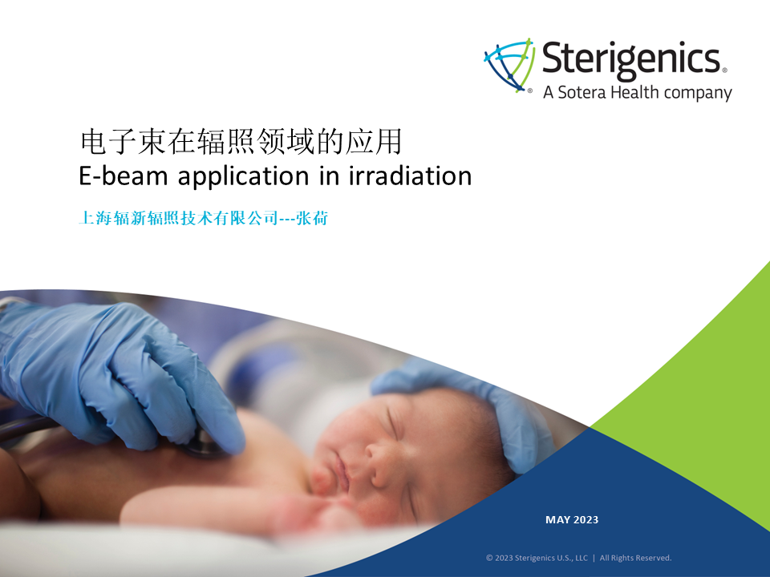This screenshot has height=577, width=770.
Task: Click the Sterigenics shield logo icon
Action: click(x=509, y=64)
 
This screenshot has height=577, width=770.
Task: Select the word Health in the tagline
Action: click(x=634, y=91)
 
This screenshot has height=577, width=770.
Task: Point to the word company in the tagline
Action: click(x=697, y=93)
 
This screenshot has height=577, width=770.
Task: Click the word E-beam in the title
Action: click(x=124, y=176)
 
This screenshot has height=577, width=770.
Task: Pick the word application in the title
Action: click(x=243, y=176)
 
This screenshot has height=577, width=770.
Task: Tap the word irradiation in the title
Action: click(x=411, y=176)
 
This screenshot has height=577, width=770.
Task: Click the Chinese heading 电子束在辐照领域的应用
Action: click(x=241, y=142)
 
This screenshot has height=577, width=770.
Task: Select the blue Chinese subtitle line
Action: click(x=203, y=218)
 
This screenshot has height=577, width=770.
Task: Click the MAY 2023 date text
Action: click(x=572, y=519)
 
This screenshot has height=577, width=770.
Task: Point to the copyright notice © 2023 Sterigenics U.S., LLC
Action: click(x=537, y=558)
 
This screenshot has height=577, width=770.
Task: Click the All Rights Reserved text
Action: click(x=635, y=558)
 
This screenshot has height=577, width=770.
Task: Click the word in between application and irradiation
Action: click(x=329, y=176)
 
